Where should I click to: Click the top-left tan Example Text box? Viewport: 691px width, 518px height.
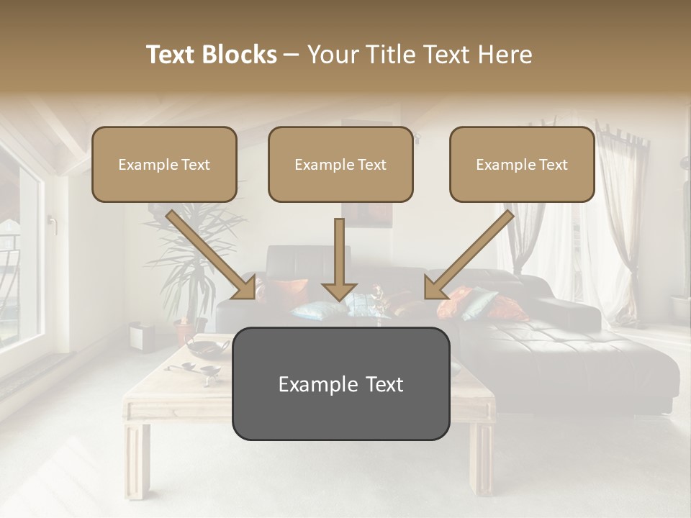pyautogui.click(x=164, y=164)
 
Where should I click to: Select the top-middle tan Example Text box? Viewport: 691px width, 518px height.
pyautogui.click(x=340, y=164)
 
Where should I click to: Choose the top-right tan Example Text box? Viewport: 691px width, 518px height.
pyautogui.click(x=522, y=164)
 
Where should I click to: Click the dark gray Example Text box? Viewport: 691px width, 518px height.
pyautogui.click(x=340, y=383)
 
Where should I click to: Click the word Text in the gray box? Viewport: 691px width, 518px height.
pyautogui.click(x=381, y=384)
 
